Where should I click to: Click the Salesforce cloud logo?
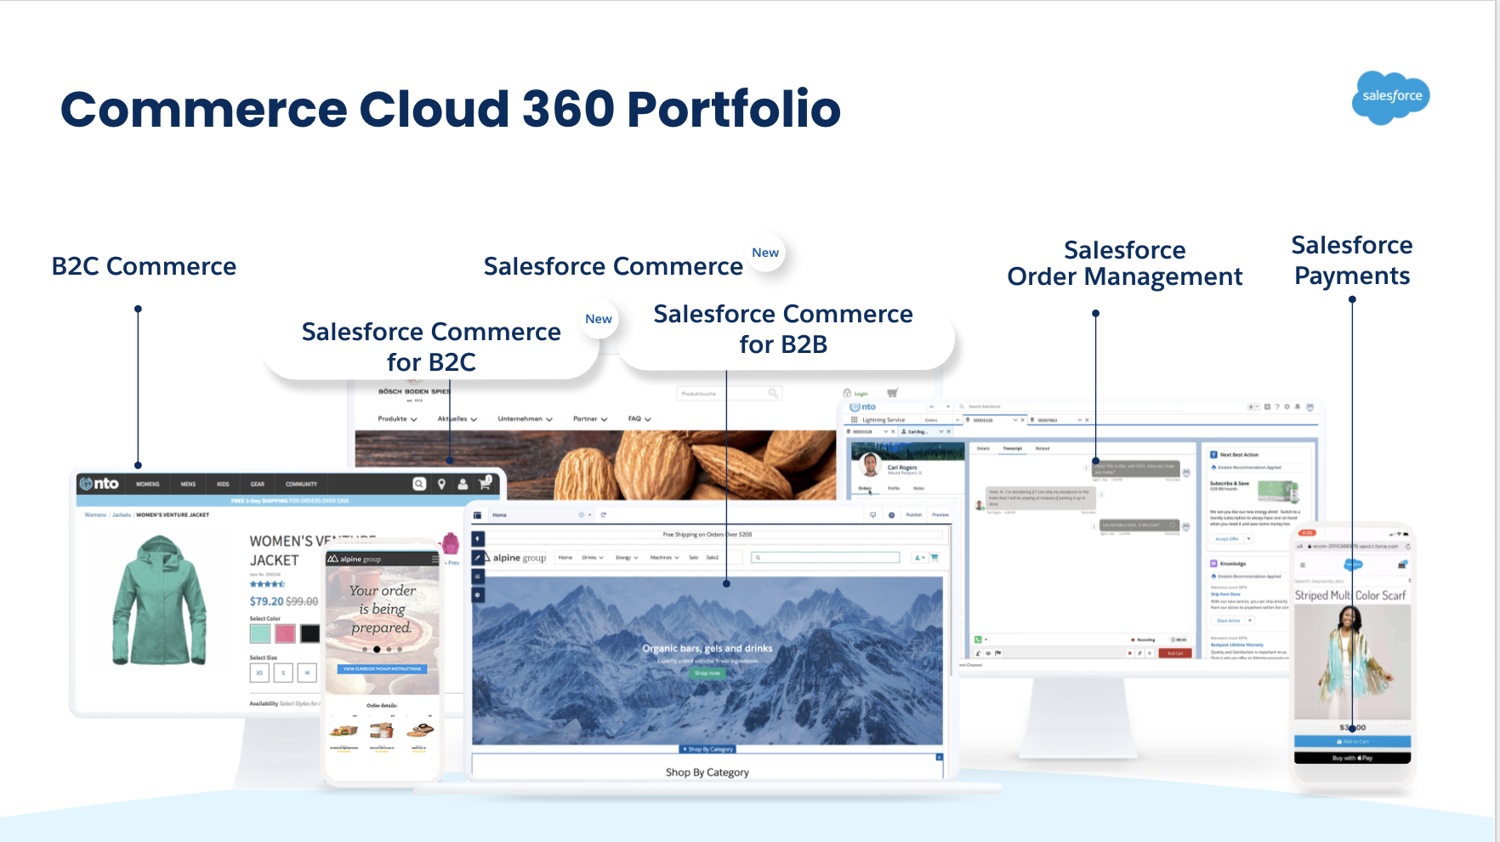point(1391,97)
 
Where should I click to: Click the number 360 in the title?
point(567,110)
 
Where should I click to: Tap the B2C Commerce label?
point(144,266)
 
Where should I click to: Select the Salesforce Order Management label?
point(1124,263)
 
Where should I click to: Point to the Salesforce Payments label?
point(1351,260)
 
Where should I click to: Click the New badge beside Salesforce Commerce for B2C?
point(599,319)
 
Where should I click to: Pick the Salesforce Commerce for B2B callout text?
point(782,329)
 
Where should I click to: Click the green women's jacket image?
point(160,600)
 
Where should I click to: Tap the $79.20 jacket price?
point(266,601)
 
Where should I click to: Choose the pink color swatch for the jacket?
point(285,634)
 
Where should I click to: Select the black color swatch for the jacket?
point(310,634)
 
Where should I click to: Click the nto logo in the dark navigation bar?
point(99,484)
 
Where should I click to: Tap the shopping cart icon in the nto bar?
point(485,483)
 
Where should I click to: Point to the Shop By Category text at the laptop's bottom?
point(707,772)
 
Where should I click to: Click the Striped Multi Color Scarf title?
point(1349,595)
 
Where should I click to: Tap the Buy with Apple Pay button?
point(1351,758)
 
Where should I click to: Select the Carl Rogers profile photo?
point(870,464)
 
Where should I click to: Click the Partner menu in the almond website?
point(589,418)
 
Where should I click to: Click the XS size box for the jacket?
point(259,673)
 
